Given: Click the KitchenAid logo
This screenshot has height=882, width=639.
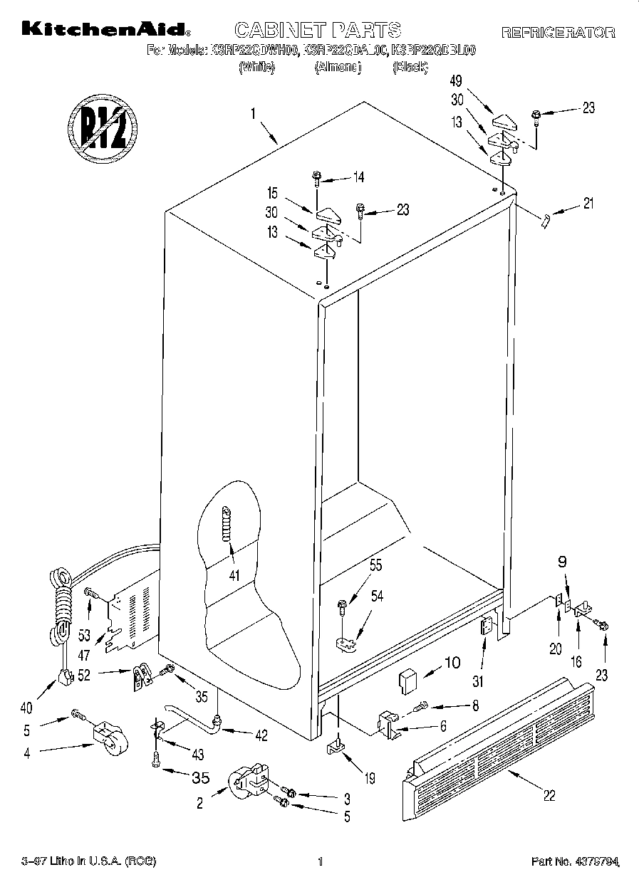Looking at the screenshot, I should [x=105, y=29].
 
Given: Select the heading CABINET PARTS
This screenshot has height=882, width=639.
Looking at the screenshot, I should [x=318, y=29].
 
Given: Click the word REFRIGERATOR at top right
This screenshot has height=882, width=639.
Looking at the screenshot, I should [x=558, y=32].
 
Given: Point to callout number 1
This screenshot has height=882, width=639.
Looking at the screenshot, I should [x=252, y=112].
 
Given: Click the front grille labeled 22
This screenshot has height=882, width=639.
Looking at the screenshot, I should [x=499, y=740].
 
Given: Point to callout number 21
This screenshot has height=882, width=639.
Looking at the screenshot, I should [x=587, y=204].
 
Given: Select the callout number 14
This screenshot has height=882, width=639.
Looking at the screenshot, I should [x=358, y=177].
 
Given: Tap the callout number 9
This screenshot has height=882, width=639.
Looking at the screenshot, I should [x=562, y=561].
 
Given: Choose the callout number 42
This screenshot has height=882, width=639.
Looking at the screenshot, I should [x=261, y=736].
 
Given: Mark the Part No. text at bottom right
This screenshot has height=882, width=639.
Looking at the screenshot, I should [x=574, y=862].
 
